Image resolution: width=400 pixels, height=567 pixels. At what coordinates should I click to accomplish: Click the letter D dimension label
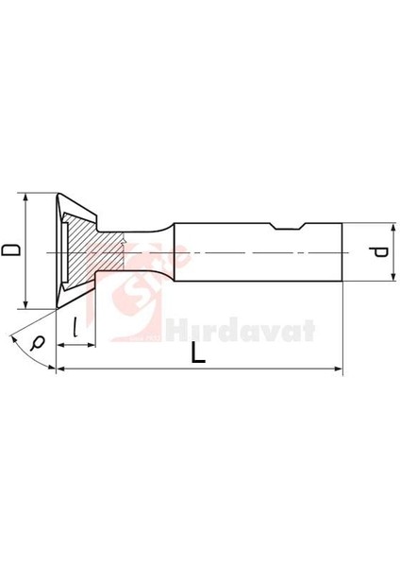point(9,250)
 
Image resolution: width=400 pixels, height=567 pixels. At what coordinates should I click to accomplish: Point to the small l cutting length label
point(74,328)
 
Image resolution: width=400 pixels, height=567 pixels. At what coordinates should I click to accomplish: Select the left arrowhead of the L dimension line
point(61,371)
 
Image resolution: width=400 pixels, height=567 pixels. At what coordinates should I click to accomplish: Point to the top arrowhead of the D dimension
point(25,198)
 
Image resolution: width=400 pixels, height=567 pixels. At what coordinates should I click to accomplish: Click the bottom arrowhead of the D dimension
point(25,304)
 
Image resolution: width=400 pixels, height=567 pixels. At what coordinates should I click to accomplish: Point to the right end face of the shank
point(341,251)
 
